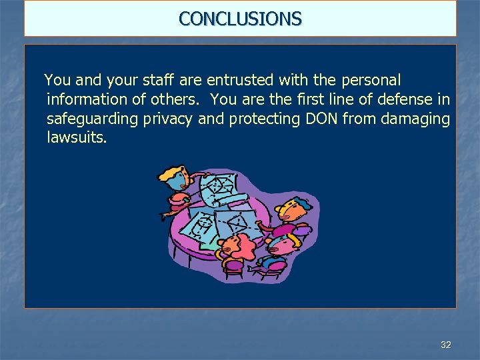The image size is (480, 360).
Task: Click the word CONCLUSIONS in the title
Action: coord(240,18)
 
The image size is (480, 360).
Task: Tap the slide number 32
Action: coord(446,345)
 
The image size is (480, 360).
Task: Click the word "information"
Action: coord(85,100)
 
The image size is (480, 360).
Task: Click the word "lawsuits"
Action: coord(75,138)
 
